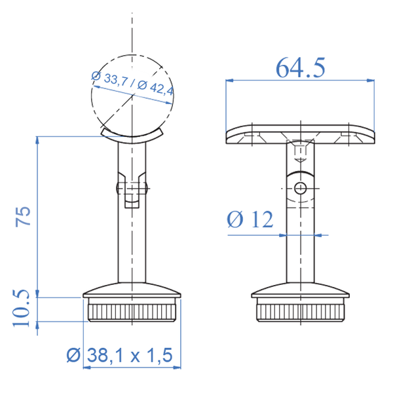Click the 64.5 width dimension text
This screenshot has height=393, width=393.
(x=300, y=67)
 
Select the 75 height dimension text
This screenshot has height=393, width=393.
(x=23, y=215)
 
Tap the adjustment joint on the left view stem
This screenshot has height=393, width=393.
(x=133, y=189)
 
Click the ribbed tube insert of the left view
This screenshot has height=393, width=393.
(x=133, y=311)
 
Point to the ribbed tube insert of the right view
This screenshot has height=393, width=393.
(x=300, y=311)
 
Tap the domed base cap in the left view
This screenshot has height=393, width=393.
(x=133, y=289)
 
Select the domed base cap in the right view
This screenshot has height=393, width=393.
(x=300, y=289)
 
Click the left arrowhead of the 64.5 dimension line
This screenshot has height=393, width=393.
(x=228, y=80)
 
